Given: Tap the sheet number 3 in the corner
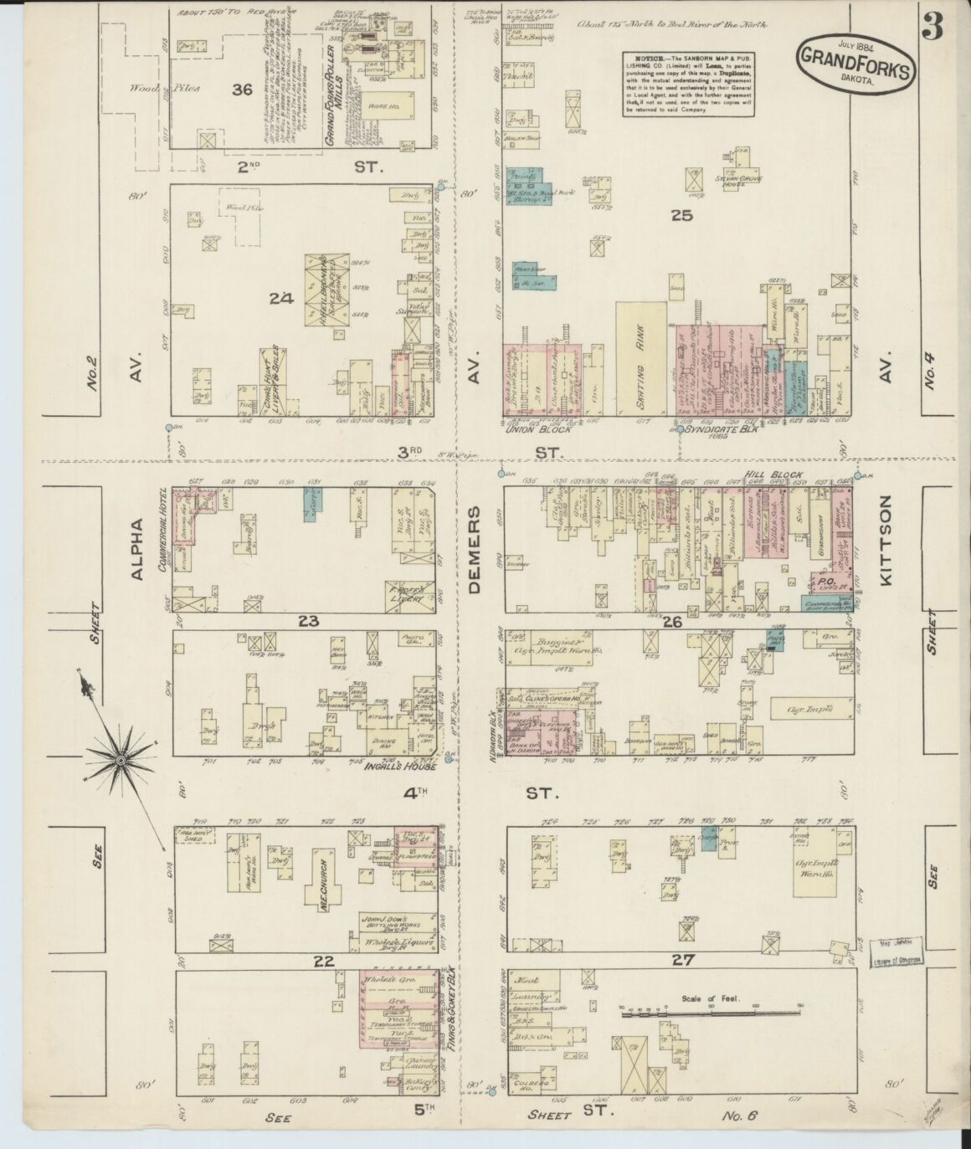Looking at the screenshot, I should (x=932, y=27).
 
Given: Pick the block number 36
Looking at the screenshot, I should (x=243, y=90).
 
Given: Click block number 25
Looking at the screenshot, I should (x=682, y=215).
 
